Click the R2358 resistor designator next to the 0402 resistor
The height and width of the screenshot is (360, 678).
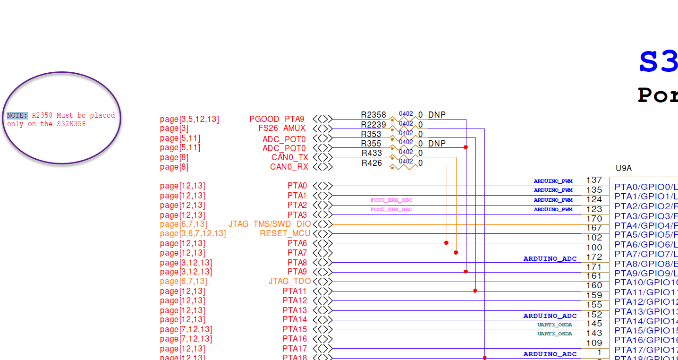[373, 115]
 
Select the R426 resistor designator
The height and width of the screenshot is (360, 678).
[372, 163]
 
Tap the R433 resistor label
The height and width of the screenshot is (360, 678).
[372, 153]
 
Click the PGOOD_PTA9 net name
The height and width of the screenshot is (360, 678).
[277, 119]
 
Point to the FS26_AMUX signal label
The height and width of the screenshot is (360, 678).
[281, 129]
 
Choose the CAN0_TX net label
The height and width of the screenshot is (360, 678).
[289, 157]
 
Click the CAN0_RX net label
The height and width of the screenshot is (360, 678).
[289, 167]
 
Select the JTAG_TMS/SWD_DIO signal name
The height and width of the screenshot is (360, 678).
[270, 224]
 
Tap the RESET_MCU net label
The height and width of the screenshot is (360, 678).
[285, 234]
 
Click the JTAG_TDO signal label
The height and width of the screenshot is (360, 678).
[289, 282]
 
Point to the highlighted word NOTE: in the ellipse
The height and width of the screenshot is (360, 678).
[17, 115]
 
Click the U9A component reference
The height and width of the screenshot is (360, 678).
[623, 168]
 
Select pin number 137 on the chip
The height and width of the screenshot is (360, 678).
[594, 180]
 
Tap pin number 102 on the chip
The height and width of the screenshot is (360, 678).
[594, 238]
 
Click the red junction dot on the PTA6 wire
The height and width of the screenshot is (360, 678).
[446, 243]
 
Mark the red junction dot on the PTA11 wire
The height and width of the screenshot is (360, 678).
[475, 291]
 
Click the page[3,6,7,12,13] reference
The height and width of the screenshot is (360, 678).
[193, 234]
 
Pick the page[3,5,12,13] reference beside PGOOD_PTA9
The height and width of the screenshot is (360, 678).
[189, 119]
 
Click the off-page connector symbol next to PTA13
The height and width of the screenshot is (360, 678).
[323, 310]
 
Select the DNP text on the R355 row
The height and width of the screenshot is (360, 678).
[437, 144]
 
